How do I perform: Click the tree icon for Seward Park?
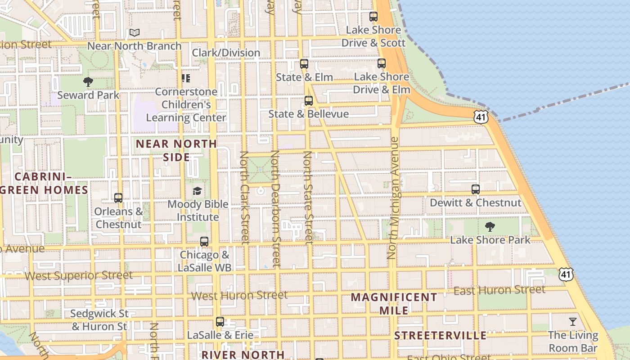point(88,82)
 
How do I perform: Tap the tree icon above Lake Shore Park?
point(490,226)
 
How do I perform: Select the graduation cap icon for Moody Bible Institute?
point(197,191)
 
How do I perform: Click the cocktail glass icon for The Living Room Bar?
point(572,322)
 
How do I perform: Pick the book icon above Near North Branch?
point(134,33)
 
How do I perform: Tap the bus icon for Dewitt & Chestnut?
point(476,189)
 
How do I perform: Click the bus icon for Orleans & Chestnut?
point(118,198)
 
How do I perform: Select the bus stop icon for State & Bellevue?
point(308,101)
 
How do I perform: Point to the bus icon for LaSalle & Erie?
point(220,322)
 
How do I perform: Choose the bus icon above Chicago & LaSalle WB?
point(204,242)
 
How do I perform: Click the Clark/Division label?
point(226,53)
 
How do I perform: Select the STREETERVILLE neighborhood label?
point(440,336)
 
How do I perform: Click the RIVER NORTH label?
point(243,355)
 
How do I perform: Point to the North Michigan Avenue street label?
point(393,198)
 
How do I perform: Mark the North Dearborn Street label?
point(275,209)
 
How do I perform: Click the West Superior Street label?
point(79,275)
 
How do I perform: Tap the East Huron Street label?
point(499,290)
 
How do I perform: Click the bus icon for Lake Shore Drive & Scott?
point(373,17)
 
